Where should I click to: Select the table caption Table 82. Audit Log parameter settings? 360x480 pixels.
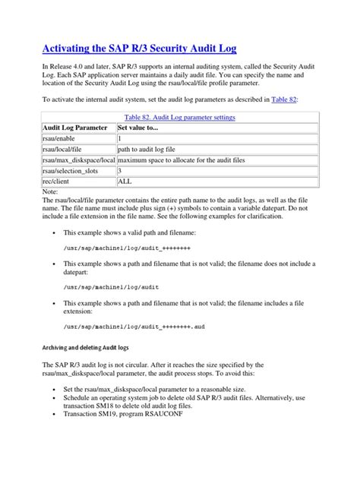point(179,117)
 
